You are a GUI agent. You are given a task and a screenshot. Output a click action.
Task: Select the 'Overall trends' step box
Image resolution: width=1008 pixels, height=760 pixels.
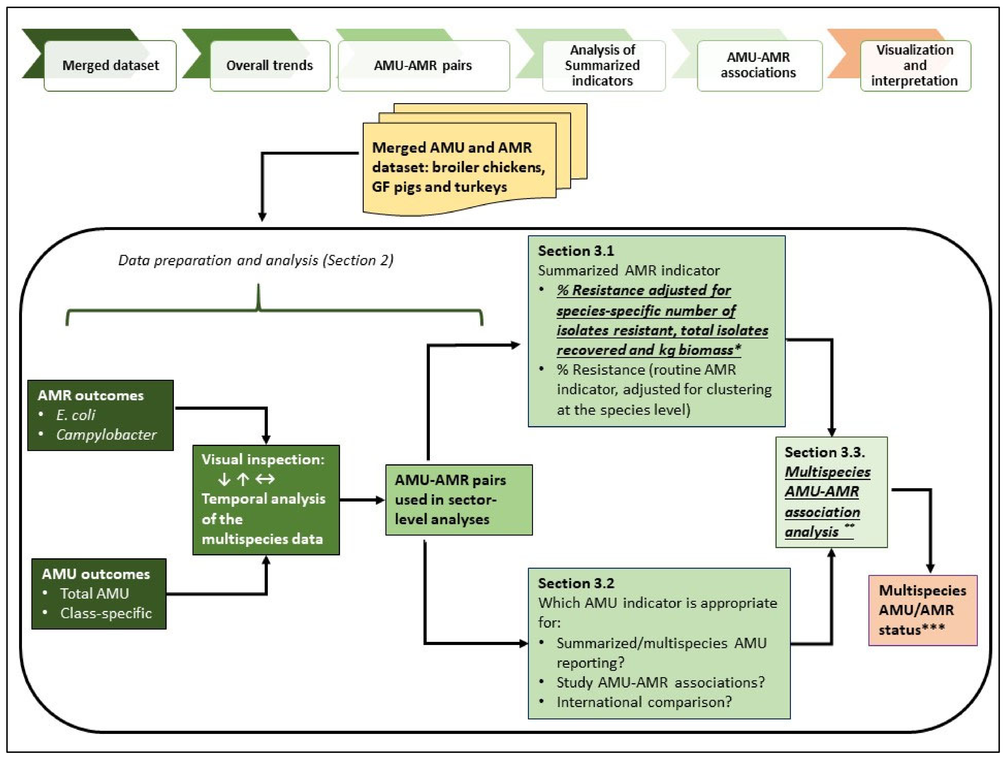click(270, 66)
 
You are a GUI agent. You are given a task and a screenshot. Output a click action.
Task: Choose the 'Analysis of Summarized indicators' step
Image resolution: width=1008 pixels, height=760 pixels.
click(603, 66)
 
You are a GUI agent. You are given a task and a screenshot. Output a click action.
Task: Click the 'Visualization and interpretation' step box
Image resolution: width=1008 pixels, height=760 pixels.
click(915, 66)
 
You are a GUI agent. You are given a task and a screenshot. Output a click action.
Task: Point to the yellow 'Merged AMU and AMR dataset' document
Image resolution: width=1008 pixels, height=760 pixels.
click(459, 167)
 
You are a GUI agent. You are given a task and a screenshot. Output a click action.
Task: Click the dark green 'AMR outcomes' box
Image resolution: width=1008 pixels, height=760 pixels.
click(100, 415)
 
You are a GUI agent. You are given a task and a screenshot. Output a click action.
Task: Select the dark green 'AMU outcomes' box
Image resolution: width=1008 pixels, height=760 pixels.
click(99, 594)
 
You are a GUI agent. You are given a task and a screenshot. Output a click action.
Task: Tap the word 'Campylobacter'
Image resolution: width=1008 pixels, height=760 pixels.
click(106, 435)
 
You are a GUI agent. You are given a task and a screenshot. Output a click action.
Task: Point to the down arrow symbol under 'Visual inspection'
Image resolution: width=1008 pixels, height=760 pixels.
click(224, 479)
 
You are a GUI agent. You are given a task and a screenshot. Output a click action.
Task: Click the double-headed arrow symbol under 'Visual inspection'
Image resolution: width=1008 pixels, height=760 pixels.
click(265, 479)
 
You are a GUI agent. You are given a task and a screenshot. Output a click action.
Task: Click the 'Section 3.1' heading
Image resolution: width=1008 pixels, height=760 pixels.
click(576, 251)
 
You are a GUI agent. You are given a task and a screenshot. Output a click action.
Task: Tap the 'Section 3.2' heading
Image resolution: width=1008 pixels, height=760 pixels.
click(576, 583)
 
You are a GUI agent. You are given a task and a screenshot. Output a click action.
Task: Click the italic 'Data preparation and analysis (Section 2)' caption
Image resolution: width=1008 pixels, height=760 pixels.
click(256, 260)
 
